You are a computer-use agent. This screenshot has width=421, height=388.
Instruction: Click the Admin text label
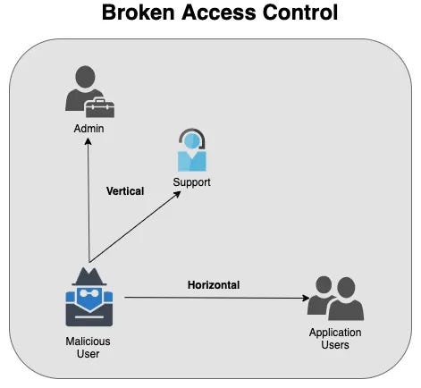point(89,130)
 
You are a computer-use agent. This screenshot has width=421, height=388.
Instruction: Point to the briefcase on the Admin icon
point(101,108)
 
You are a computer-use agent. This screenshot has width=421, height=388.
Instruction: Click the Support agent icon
point(191,151)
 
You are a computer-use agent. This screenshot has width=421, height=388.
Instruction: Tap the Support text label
point(191,182)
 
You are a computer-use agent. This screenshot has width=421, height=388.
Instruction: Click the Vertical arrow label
point(124,190)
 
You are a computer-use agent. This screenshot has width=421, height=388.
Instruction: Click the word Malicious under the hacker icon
point(88,341)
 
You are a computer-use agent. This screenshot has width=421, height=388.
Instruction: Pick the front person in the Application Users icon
point(345,304)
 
